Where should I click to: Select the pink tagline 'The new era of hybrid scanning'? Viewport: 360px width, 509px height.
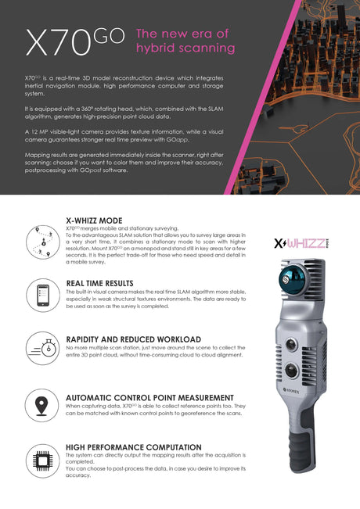(x=185, y=41)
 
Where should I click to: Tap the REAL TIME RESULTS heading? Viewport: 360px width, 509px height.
(x=99, y=282)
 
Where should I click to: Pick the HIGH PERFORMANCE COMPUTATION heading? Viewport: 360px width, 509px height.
(x=129, y=447)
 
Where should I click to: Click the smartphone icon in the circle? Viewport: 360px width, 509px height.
(x=43, y=295)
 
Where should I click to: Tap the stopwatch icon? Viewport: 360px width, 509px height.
(x=43, y=348)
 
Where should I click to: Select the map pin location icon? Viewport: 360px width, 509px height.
(x=43, y=405)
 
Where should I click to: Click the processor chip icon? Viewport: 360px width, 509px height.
(x=43, y=459)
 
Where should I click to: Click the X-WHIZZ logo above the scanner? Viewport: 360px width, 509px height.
(x=302, y=242)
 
